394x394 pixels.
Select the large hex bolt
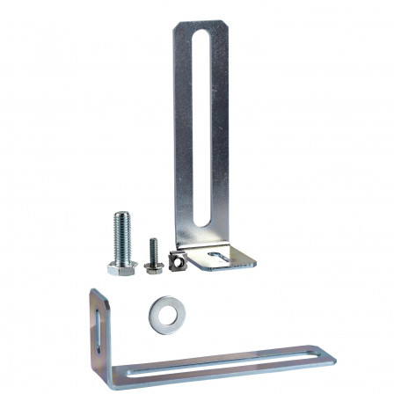pyautogui.click(x=122, y=243)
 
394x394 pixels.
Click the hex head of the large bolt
pyautogui.click(x=122, y=267)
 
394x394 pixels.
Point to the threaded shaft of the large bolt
pyautogui.click(x=122, y=233)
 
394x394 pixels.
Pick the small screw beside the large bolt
pyautogui.click(x=154, y=253)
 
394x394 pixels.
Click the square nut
pyautogui.click(x=178, y=260)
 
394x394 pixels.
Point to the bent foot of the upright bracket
pyautogui.click(x=223, y=257)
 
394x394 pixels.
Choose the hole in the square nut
pyautogui.click(x=179, y=260)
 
